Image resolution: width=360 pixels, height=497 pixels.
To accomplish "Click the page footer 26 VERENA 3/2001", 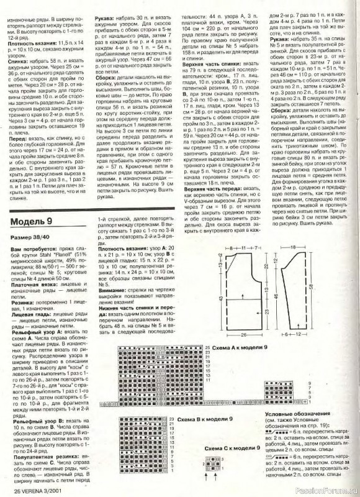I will (x=34, y=491).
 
